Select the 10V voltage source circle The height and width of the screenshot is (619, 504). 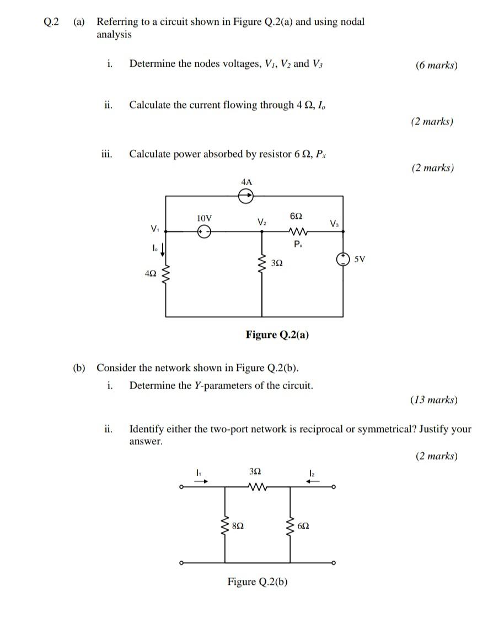tap(205, 232)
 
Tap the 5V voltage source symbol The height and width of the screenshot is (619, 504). tap(343, 259)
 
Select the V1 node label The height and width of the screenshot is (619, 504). tap(153, 228)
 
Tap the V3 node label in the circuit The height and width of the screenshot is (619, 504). tap(334, 223)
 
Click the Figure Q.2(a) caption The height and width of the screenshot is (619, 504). tap(277, 335)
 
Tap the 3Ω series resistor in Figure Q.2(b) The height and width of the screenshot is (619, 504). tap(256, 487)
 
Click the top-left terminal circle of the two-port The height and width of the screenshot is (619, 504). tap(181, 487)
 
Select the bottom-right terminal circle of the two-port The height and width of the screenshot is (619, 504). tap(333, 563)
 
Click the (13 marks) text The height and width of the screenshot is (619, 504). tap(433, 400)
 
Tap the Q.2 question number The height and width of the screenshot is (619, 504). tap(51, 22)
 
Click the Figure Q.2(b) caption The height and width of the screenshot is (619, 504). tap(258, 582)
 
